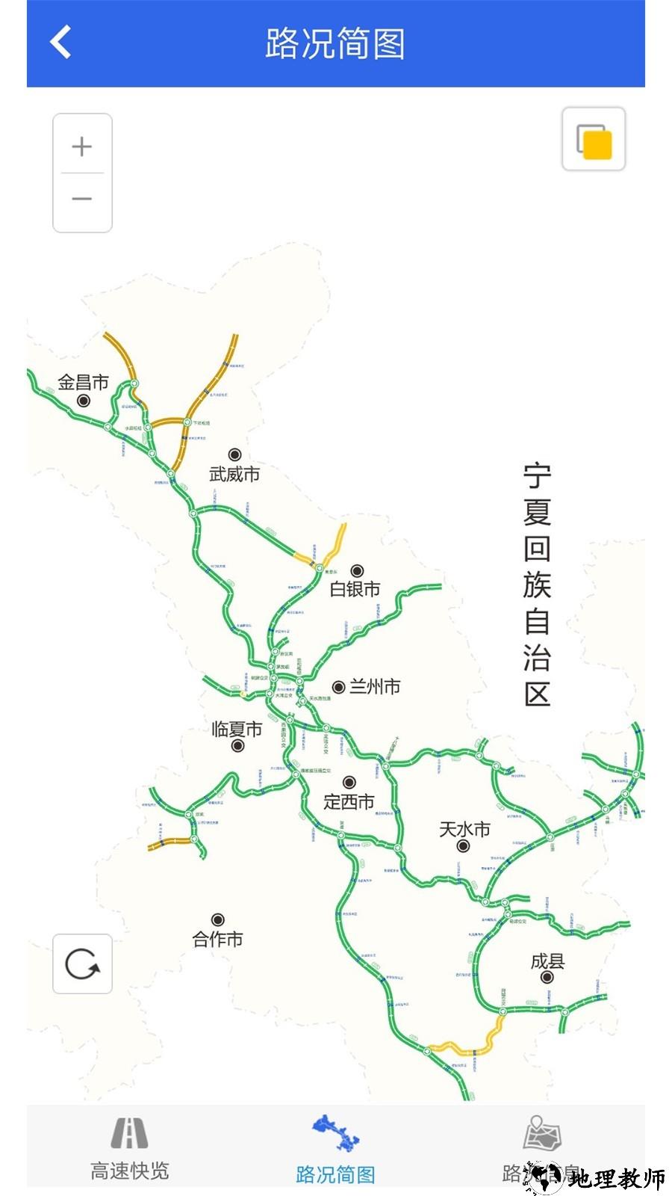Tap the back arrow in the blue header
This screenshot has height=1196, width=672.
[61, 42]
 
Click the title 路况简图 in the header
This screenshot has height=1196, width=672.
[335, 43]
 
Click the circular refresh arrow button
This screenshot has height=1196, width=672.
[82, 964]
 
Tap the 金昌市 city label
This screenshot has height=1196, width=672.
[84, 383]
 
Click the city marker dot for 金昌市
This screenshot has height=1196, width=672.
[84, 401]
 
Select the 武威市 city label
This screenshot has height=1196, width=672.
[234, 474]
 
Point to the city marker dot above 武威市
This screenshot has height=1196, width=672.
[234, 454]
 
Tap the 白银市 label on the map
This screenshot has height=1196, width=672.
[355, 589]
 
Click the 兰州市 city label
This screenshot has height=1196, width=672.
[375, 686]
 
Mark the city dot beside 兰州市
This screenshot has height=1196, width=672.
[338, 687]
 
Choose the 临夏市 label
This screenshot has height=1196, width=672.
[237, 729]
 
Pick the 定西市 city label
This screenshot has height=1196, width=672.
[349, 802]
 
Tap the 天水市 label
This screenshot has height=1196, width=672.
[464, 829]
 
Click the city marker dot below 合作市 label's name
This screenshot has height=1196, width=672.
[217, 919]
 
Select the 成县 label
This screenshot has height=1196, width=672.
[547, 961]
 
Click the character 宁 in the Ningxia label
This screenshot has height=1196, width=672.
[537, 476]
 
